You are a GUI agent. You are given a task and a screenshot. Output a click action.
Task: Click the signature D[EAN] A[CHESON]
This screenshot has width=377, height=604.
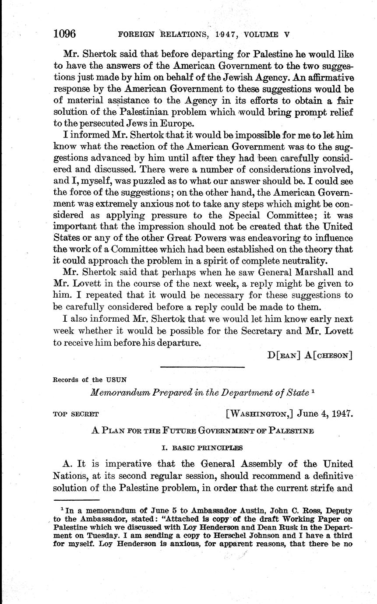point(310,355)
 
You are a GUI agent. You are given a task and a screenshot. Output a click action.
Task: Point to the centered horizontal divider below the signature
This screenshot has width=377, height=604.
point(202,367)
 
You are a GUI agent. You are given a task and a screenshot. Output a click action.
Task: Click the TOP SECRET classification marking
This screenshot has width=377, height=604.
point(75,414)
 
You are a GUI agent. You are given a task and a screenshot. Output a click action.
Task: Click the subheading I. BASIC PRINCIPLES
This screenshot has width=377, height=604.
point(201,448)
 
